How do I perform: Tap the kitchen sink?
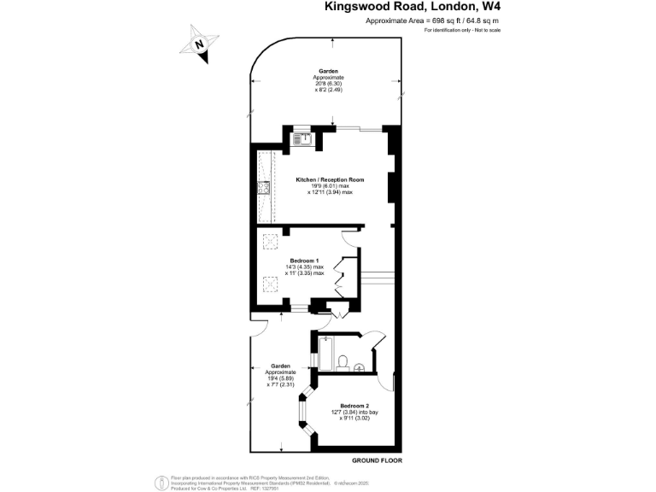pos(303,138)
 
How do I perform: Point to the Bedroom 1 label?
pos(304,260)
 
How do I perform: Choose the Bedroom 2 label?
pos(354,405)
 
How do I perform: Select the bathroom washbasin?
pos(360,368)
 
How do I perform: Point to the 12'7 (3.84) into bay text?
pos(354,412)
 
